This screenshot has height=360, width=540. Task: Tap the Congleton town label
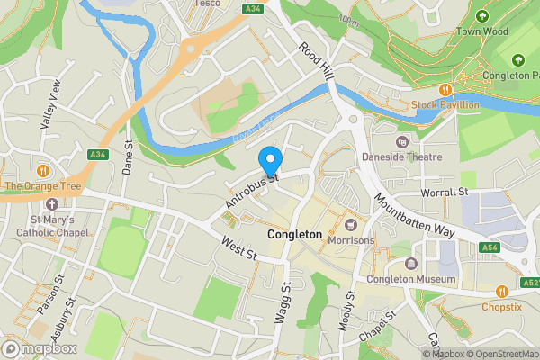click(294, 235)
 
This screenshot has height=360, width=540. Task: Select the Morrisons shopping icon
click(351, 224)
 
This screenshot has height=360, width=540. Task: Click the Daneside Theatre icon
click(402, 141)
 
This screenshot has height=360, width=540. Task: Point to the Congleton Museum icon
click(410, 264)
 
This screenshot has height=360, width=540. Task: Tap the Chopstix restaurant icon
click(501, 291)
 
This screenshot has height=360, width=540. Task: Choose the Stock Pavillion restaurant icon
click(445, 90)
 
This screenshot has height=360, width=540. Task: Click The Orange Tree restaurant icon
click(42, 171)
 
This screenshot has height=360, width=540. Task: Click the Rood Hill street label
click(316, 62)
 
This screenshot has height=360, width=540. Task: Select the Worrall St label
click(445, 193)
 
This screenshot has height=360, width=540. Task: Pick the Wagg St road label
click(280, 302)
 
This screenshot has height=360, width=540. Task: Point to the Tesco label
click(209, 4)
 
